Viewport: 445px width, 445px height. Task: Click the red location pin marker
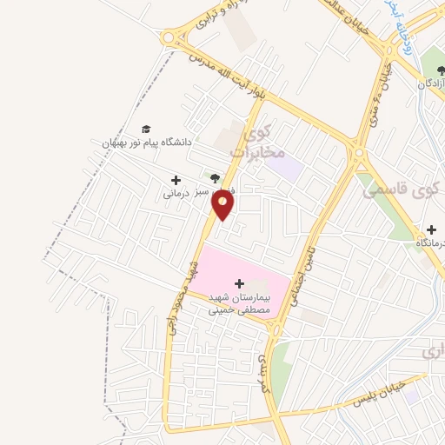tap(223, 205)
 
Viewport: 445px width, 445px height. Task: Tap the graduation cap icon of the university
tap(145, 129)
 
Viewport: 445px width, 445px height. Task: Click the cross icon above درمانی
tap(176, 180)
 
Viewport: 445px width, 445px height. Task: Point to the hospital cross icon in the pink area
tap(240, 283)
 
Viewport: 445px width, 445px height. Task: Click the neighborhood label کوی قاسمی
tap(408, 189)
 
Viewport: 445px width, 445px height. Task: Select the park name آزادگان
tap(432, 84)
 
